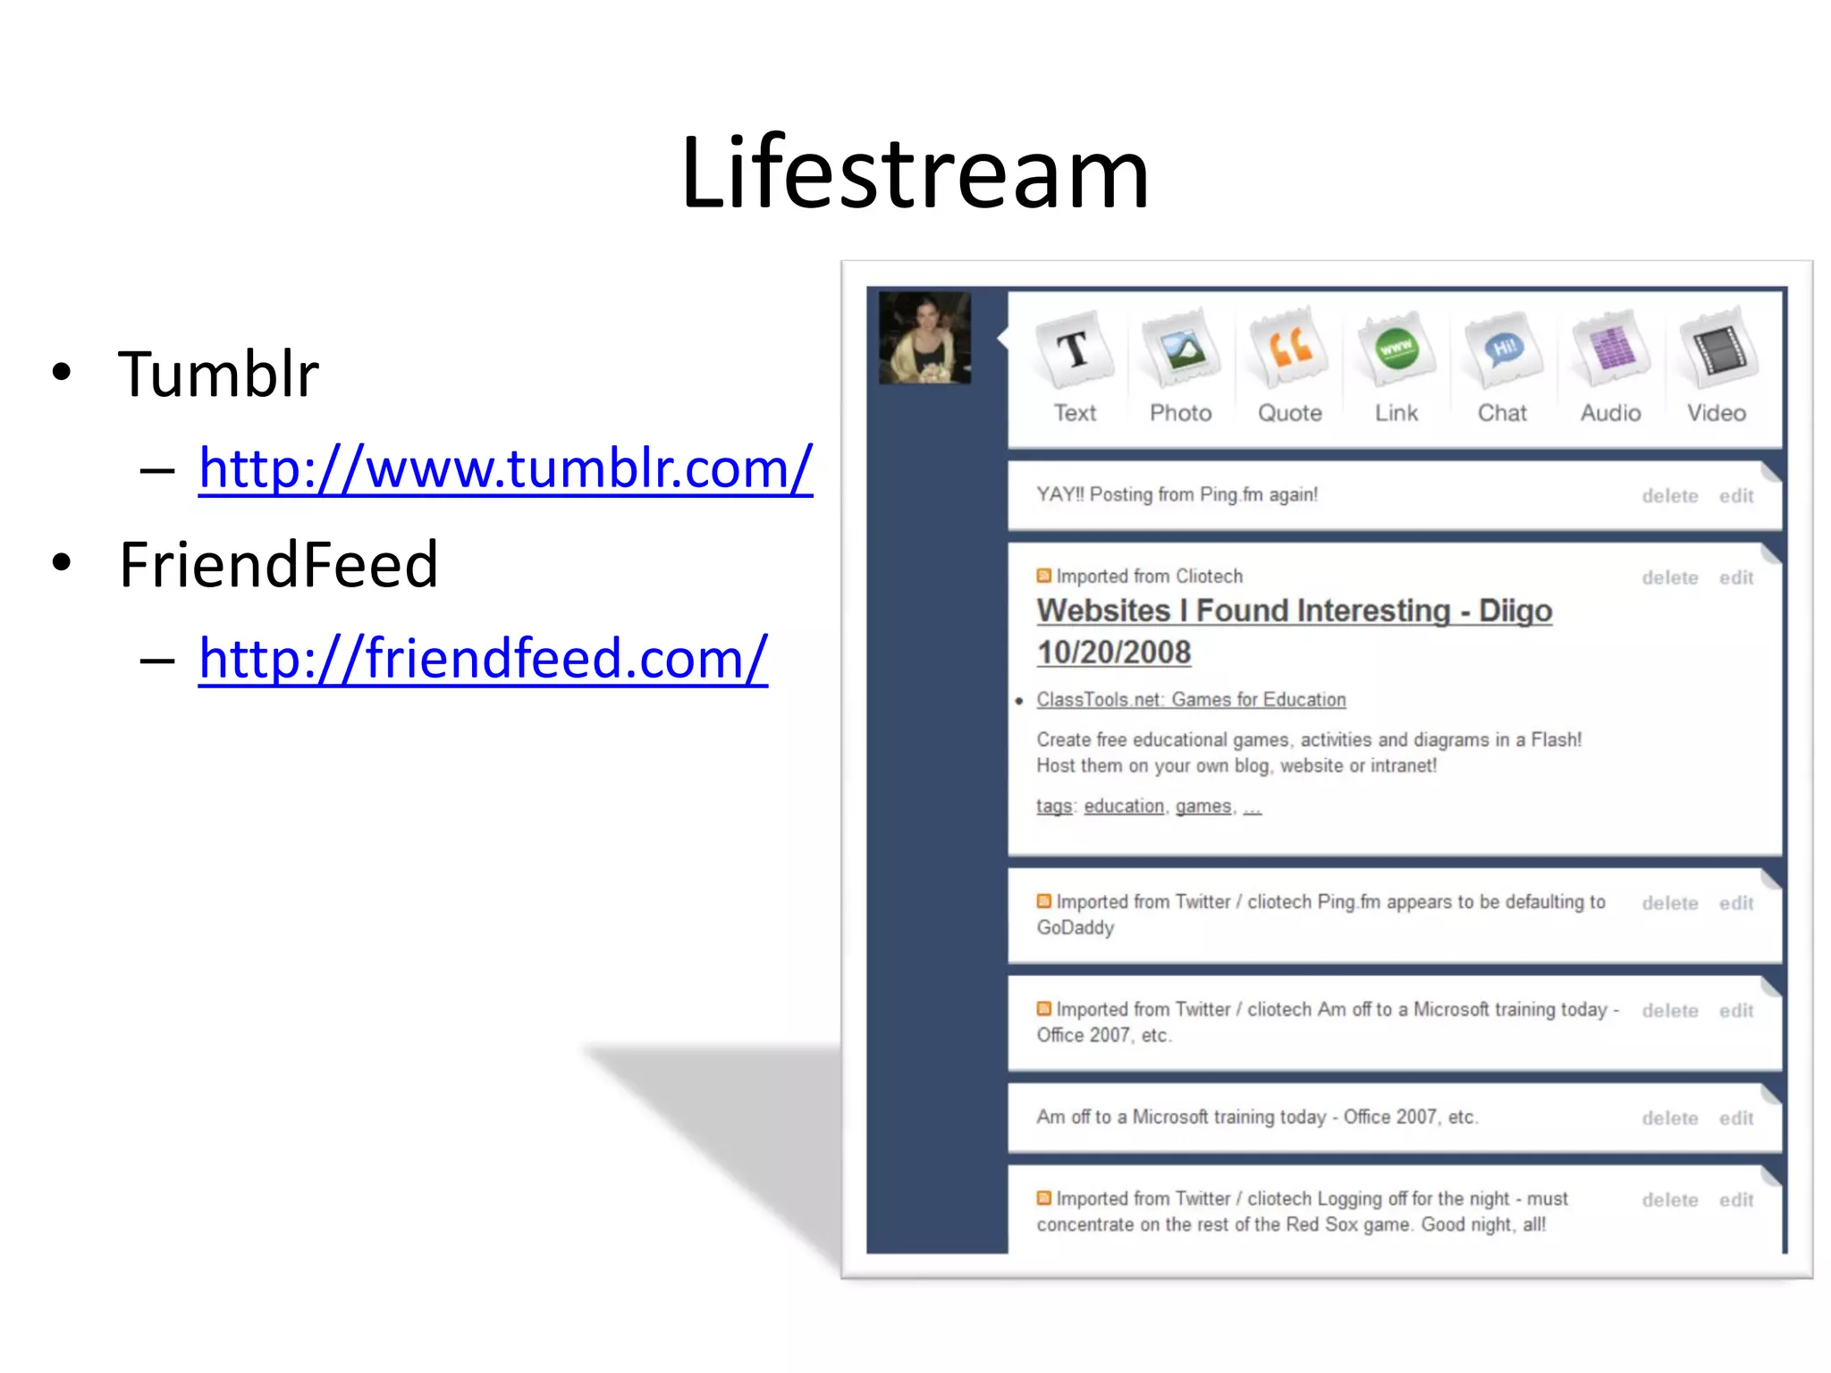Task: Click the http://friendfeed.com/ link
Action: [483, 659]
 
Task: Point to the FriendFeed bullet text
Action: [278, 565]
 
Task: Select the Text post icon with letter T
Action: [1074, 350]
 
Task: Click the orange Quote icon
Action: [1289, 349]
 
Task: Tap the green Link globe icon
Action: [1396, 349]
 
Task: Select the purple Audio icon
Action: [1610, 349]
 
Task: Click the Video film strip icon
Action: [1717, 349]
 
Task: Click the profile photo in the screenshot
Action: [924, 338]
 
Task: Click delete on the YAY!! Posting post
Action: [1669, 496]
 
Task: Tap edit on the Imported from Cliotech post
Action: [1735, 578]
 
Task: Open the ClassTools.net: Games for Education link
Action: [1191, 700]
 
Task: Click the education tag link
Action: [1124, 806]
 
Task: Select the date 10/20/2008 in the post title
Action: [1114, 653]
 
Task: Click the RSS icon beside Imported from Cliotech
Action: [1043, 576]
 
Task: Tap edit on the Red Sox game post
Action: [1735, 1200]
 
